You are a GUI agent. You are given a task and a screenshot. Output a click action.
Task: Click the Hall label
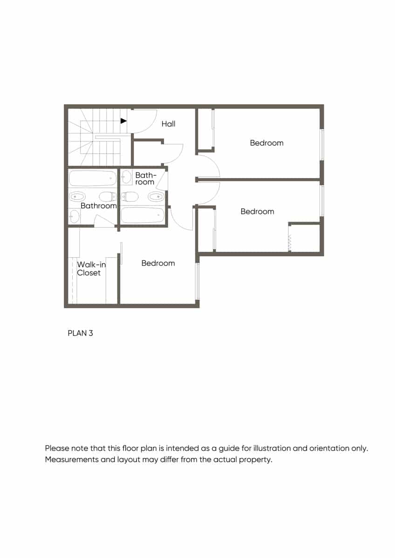tap(168, 124)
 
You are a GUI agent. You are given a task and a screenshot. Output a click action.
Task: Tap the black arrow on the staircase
tap(123, 121)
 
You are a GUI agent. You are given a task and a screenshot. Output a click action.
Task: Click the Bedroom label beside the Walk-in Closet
tap(158, 263)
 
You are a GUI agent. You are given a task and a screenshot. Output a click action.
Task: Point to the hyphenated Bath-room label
tap(145, 179)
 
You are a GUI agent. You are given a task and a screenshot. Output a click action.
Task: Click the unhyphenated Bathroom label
tap(98, 206)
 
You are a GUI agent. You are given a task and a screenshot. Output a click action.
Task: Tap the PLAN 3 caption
tap(81, 333)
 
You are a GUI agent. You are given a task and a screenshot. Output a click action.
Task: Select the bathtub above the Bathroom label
tap(93, 178)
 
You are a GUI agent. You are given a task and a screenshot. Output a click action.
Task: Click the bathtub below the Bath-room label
tap(143, 215)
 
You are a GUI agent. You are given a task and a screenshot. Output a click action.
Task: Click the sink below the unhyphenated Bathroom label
tap(75, 216)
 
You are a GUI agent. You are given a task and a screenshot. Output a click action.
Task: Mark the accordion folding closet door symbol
tap(289, 242)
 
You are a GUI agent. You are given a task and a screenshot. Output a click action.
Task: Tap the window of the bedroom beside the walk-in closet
tap(197, 281)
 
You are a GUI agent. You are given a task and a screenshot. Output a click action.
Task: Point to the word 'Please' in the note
tap(56, 449)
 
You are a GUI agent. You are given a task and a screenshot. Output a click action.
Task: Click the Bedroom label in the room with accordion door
tap(257, 212)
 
